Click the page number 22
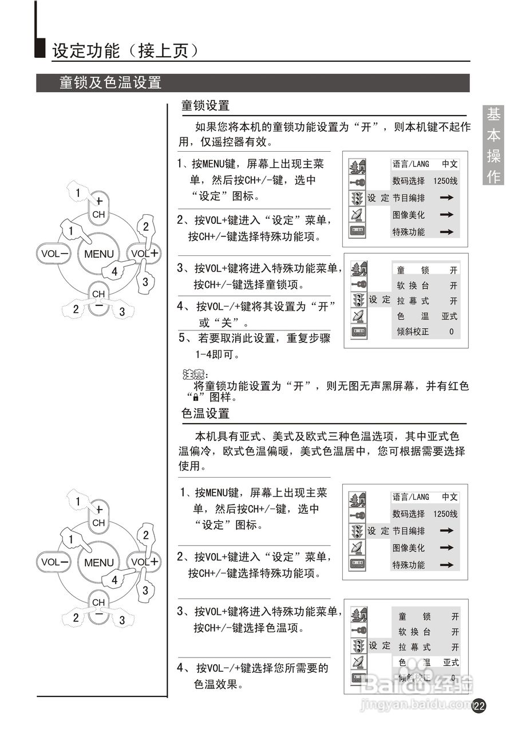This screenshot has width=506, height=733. (480, 706)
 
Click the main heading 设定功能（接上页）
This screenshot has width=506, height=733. (125, 50)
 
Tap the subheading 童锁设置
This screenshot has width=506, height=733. (205, 105)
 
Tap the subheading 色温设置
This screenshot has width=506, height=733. (205, 413)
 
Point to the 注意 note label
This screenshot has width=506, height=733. (193, 375)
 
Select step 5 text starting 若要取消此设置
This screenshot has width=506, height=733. (255, 346)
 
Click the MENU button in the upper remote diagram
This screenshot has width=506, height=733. (98, 254)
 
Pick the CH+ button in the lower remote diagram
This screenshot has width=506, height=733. (98, 515)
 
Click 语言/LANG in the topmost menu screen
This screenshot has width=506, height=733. (410, 164)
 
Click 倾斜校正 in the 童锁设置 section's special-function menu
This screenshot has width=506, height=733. (416, 332)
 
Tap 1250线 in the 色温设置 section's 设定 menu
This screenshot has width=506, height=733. (445, 514)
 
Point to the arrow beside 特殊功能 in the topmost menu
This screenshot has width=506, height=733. (446, 232)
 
